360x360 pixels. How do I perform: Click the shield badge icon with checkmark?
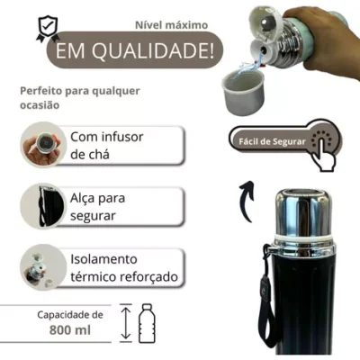point(47,29)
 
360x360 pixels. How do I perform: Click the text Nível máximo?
point(171,25)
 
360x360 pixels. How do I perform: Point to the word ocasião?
point(40,105)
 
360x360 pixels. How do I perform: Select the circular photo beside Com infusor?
point(43,145)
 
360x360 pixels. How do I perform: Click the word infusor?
point(122,137)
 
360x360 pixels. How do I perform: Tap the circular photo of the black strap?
point(43,206)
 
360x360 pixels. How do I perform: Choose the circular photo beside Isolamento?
point(43,267)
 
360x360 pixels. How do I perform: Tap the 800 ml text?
point(70,330)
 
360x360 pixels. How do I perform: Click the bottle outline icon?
point(147,323)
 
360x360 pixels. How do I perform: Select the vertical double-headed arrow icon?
point(126,323)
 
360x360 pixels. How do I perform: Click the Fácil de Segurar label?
point(272,141)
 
